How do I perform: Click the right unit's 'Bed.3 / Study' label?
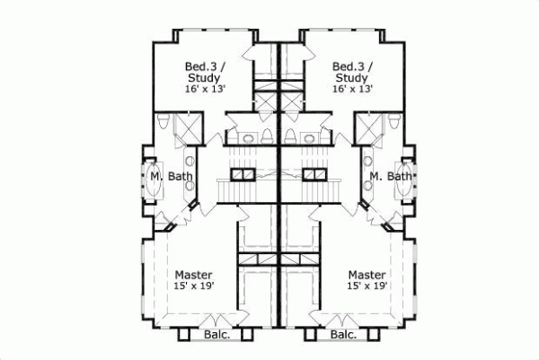click(351, 72)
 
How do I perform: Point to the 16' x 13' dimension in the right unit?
click(351, 90)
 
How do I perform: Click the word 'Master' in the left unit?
click(193, 274)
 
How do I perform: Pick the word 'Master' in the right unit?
click(367, 274)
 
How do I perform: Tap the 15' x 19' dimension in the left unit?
click(193, 286)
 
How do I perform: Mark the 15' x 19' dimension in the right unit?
click(367, 286)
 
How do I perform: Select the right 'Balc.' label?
click(344, 335)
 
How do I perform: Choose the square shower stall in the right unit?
click(368, 127)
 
